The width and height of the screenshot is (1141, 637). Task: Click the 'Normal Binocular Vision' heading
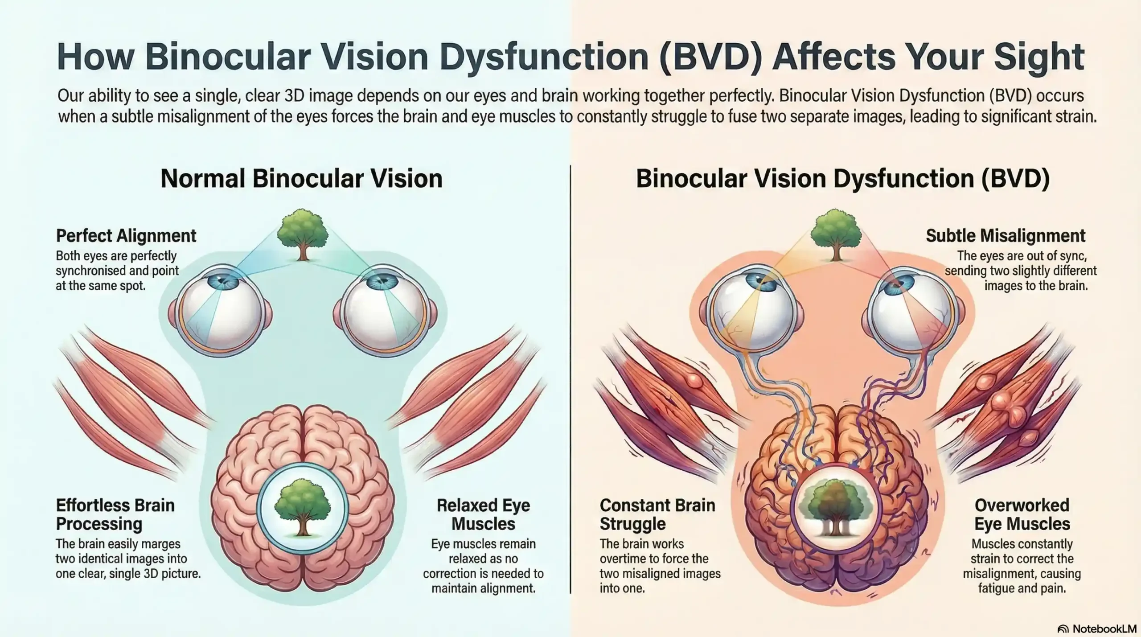click(301, 178)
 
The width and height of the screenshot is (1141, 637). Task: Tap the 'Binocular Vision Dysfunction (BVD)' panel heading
click(842, 178)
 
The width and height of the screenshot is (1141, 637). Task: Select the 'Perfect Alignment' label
click(126, 235)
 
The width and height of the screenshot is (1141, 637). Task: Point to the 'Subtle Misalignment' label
click(1006, 235)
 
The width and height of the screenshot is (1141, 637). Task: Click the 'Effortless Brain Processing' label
click(115, 514)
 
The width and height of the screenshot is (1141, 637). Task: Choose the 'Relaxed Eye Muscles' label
click(483, 514)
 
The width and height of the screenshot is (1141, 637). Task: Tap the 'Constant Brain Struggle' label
click(657, 514)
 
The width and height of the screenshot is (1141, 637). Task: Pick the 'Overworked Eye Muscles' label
click(1022, 514)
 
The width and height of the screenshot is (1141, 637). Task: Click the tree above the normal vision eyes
click(302, 234)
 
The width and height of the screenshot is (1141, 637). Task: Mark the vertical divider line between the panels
click(570, 379)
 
